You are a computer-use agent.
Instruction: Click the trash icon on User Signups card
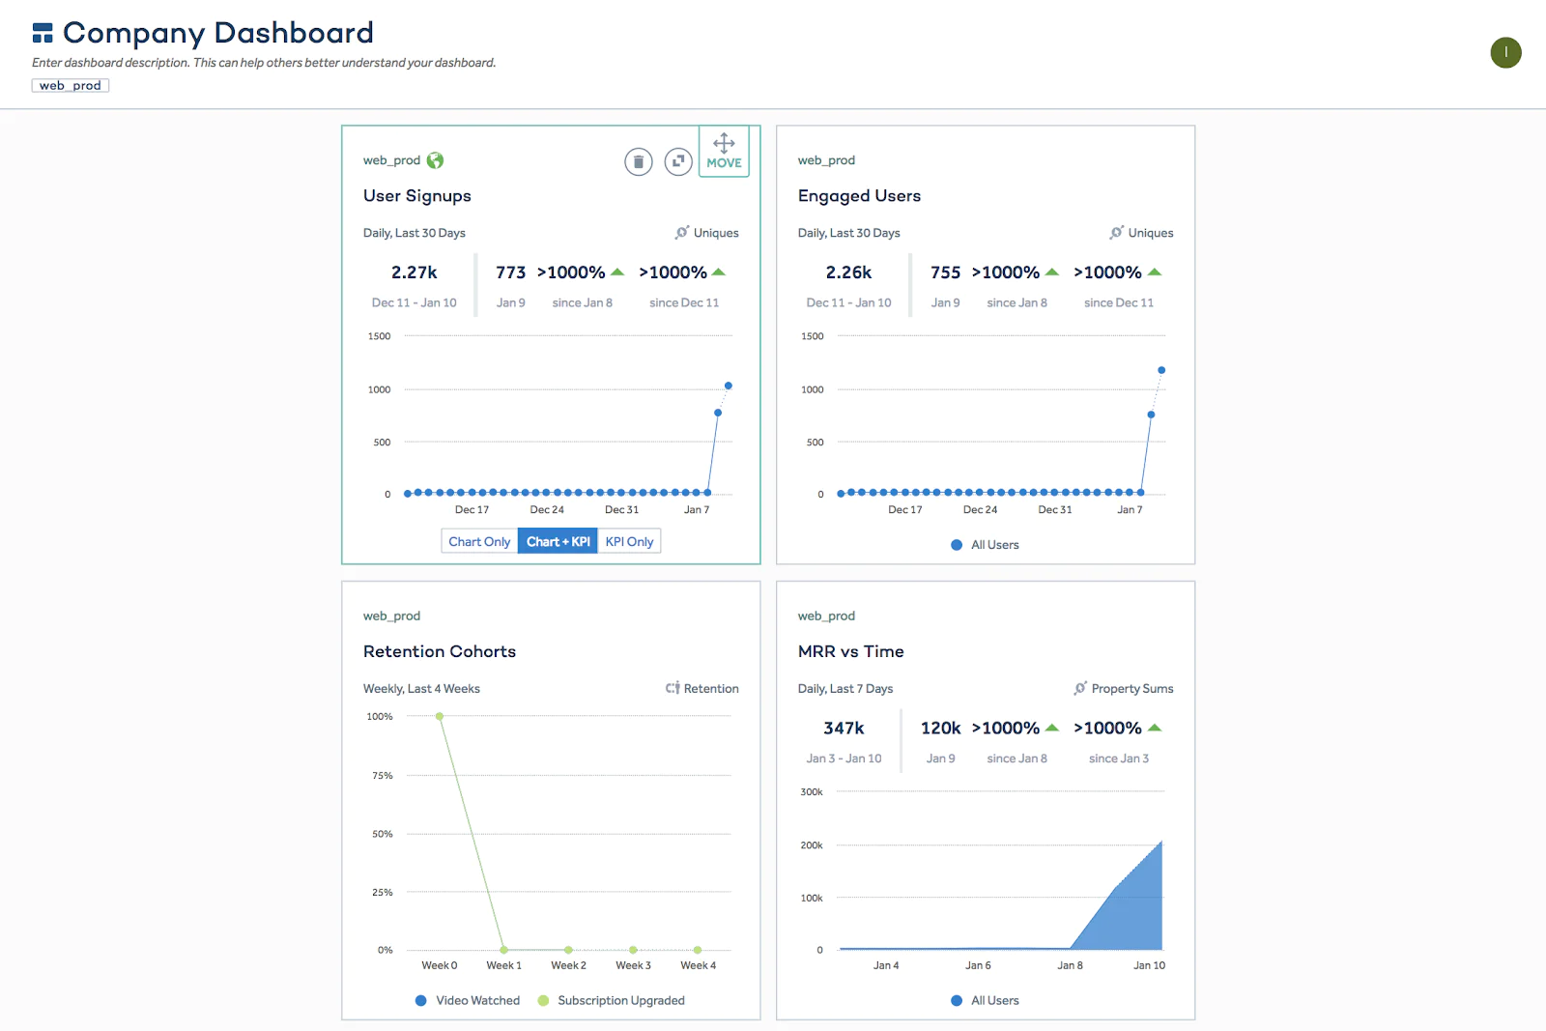638,161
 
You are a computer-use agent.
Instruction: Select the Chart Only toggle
479,542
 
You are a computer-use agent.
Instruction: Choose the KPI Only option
629,542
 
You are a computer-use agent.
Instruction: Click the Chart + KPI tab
558,542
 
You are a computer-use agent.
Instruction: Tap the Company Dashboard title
217,33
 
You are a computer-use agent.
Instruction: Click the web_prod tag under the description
70,86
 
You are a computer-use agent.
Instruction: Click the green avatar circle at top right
1505,52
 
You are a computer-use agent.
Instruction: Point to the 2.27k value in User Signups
414,272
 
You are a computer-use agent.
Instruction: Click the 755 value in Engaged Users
945,272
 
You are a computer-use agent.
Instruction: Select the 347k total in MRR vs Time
844,729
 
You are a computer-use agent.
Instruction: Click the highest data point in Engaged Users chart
1161,370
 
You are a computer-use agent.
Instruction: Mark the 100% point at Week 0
440,716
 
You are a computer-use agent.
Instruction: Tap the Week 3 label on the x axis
633,965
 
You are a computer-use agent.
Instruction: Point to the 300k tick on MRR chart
812,792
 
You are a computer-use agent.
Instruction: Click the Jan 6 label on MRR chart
978,965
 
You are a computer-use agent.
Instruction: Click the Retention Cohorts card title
440,651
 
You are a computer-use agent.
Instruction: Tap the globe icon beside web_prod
436,160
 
